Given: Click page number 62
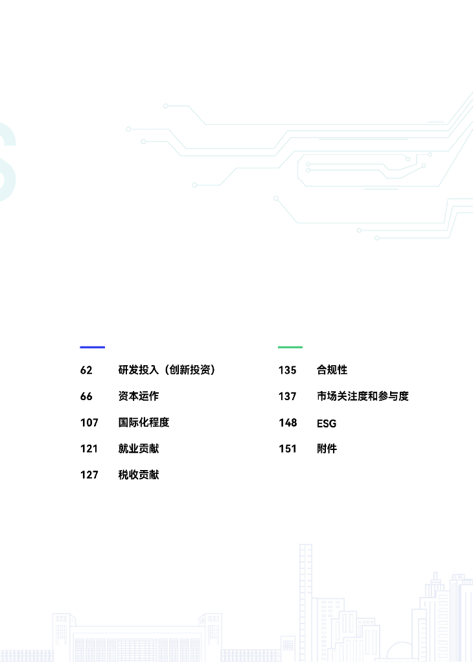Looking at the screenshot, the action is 87,370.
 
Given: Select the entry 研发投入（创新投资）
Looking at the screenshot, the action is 167,370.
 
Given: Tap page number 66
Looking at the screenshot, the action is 87,396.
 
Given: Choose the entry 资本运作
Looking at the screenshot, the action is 138,396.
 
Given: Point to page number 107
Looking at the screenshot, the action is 89,423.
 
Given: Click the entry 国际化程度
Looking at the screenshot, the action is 143,423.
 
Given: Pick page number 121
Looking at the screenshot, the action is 89,449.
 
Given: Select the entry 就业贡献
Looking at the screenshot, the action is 138,449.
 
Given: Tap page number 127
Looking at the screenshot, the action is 89,475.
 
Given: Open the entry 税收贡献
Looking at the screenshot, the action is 138,475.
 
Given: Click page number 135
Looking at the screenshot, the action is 288,370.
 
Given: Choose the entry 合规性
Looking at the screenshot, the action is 332,370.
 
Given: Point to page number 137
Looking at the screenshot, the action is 288,396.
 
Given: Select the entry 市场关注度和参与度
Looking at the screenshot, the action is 362,396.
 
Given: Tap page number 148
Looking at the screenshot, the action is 288,423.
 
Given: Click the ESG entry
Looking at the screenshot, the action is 327,424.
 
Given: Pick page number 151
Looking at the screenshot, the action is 288,449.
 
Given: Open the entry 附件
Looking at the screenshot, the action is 327,449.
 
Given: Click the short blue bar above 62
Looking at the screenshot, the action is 92,347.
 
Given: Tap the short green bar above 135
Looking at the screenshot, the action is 290,347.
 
